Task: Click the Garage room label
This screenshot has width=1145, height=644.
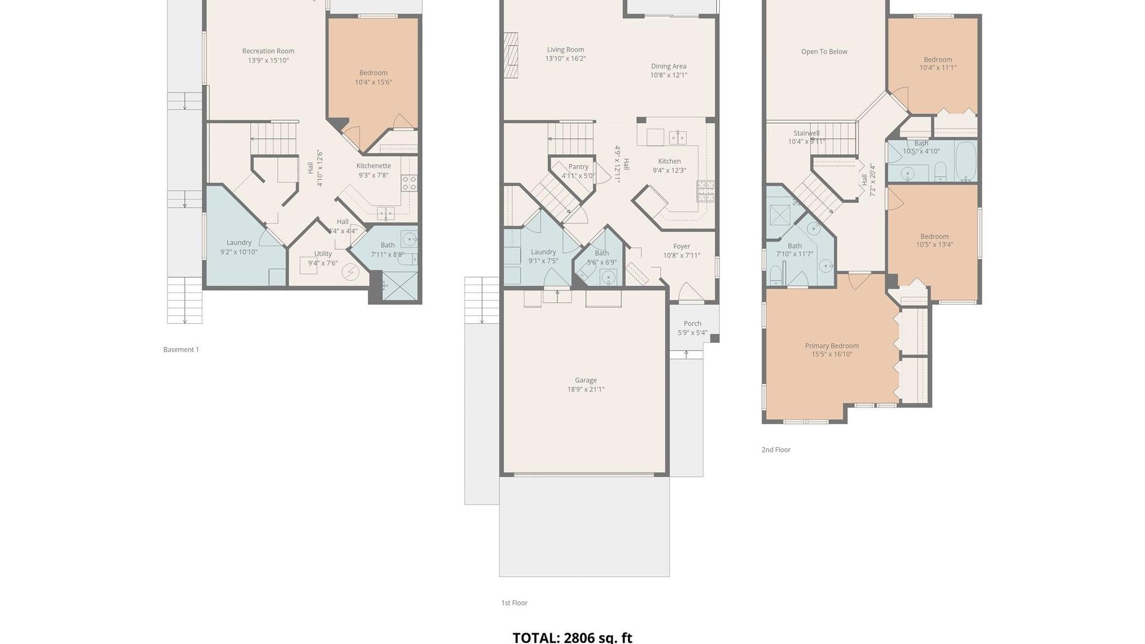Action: (586, 380)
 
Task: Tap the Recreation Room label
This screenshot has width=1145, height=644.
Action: (268, 51)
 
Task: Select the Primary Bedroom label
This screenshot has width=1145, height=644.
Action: (831, 346)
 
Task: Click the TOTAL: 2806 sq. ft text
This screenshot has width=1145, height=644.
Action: (572, 637)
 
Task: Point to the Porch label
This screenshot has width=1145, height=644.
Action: (692, 324)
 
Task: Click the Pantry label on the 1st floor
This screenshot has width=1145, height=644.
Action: (578, 167)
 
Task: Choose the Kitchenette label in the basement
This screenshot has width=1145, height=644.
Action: (373, 166)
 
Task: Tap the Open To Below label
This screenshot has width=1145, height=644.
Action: (824, 52)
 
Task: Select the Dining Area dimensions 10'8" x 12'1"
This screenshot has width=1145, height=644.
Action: (669, 75)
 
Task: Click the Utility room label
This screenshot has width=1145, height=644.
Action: (323, 254)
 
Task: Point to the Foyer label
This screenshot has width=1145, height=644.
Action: (682, 246)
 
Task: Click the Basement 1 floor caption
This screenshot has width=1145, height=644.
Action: (181, 349)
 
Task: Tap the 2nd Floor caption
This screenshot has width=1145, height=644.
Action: (775, 450)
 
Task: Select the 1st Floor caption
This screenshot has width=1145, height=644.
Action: (514, 603)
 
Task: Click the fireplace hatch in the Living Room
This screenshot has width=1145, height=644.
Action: (511, 55)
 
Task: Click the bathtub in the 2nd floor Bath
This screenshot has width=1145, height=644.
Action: (965, 161)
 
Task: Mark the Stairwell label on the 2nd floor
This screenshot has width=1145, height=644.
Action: (806, 134)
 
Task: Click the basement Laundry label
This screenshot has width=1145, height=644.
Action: (239, 243)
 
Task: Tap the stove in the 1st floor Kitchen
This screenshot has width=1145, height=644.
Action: (705, 191)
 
